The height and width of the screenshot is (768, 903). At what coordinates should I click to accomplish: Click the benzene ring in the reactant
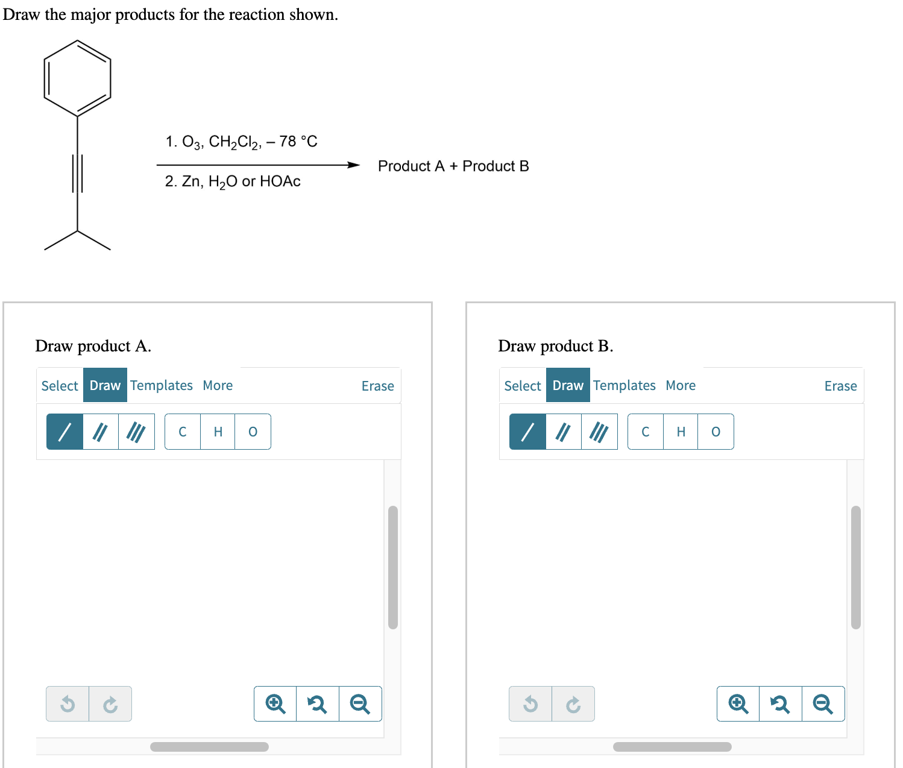click(x=77, y=78)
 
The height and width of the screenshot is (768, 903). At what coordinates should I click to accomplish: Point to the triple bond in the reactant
click(x=77, y=174)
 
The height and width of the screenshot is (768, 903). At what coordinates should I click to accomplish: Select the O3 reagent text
click(x=192, y=142)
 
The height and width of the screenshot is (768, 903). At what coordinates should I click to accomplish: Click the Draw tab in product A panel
click(x=105, y=385)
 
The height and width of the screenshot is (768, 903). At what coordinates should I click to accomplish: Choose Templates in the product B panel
click(x=624, y=385)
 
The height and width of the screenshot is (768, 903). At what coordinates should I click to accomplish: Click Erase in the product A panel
click(x=377, y=386)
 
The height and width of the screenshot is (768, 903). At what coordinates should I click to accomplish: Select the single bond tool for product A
click(x=64, y=432)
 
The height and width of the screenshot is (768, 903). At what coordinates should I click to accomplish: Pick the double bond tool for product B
click(x=563, y=432)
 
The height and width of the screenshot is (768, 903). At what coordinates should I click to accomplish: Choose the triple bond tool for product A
click(x=136, y=432)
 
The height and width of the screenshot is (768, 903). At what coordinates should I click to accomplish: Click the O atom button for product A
click(x=253, y=432)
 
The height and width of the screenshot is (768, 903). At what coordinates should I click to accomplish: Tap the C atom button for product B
click(x=645, y=432)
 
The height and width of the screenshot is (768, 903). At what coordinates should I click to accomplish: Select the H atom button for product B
click(x=681, y=432)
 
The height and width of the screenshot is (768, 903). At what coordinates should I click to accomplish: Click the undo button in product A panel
click(x=68, y=703)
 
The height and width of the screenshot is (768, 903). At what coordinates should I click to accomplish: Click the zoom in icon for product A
click(x=275, y=703)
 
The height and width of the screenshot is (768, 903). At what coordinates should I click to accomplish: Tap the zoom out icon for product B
click(x=823, y=703)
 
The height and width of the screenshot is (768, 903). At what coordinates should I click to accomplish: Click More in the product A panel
click(x=218, y=385)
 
